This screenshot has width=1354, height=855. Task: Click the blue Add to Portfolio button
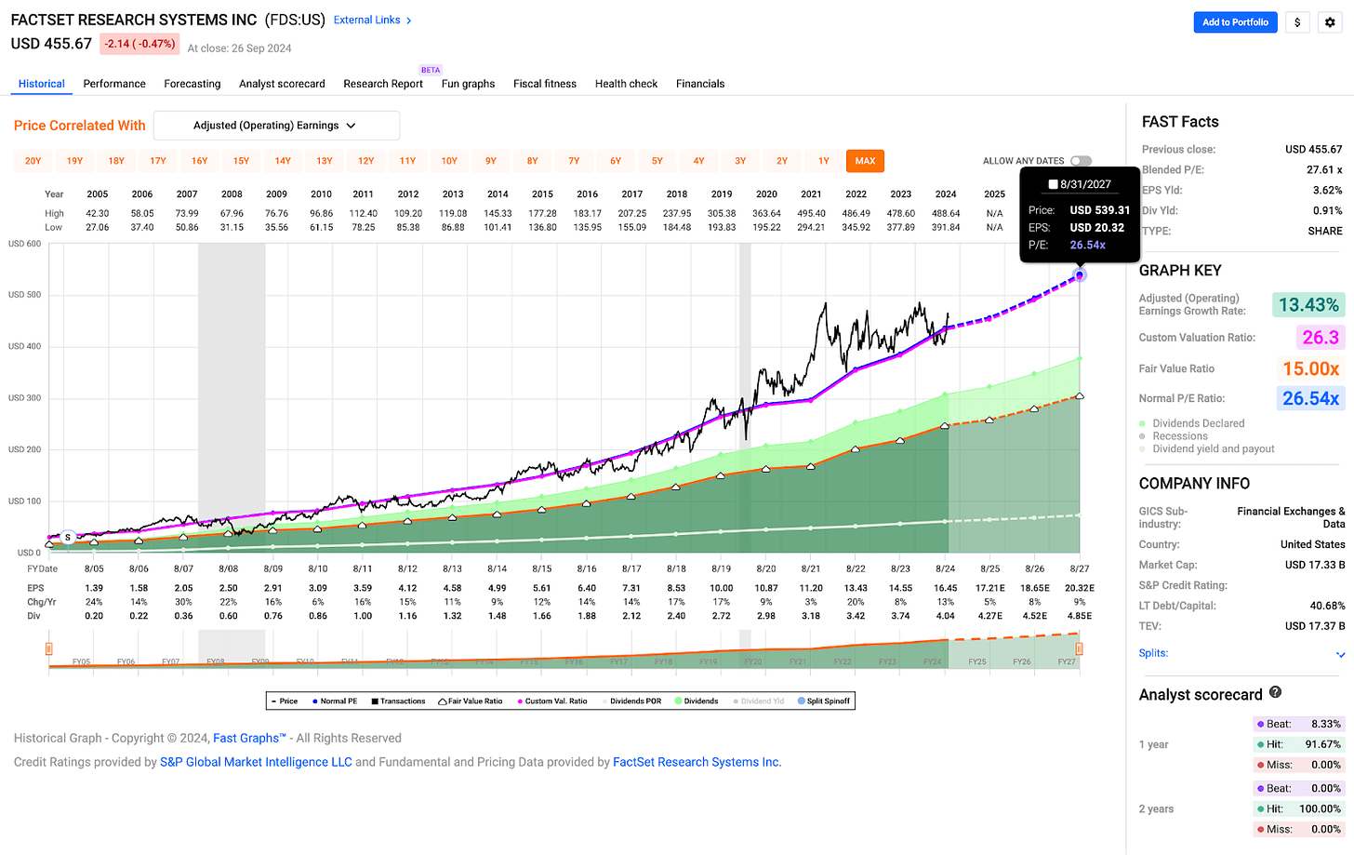pos(1235,22)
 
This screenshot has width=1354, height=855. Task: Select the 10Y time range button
pos(449,161)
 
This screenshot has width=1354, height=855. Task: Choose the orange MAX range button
pos(865,161)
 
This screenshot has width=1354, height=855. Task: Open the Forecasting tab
pos(192,84)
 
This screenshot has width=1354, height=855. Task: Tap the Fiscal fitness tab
pos(545,84)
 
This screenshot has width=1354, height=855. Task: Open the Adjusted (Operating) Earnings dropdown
pos(276,126)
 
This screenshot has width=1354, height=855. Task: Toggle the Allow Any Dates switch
pos(1081,161)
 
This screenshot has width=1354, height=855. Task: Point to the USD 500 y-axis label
pos(25,295)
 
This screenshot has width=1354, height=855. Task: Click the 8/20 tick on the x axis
pos(766,568)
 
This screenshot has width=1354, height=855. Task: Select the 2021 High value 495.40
pos(811,213)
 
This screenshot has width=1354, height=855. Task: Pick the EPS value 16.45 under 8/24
pos(945,588)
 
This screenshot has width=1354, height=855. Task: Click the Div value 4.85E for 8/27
pos(1079,616)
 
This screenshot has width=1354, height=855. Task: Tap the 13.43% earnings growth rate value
pos(1308,305)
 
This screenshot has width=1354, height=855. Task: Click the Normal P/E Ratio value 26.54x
pos(1310,398)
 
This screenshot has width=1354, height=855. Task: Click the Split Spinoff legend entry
pos(824,701)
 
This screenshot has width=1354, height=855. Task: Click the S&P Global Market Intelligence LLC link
pos(256,762)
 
